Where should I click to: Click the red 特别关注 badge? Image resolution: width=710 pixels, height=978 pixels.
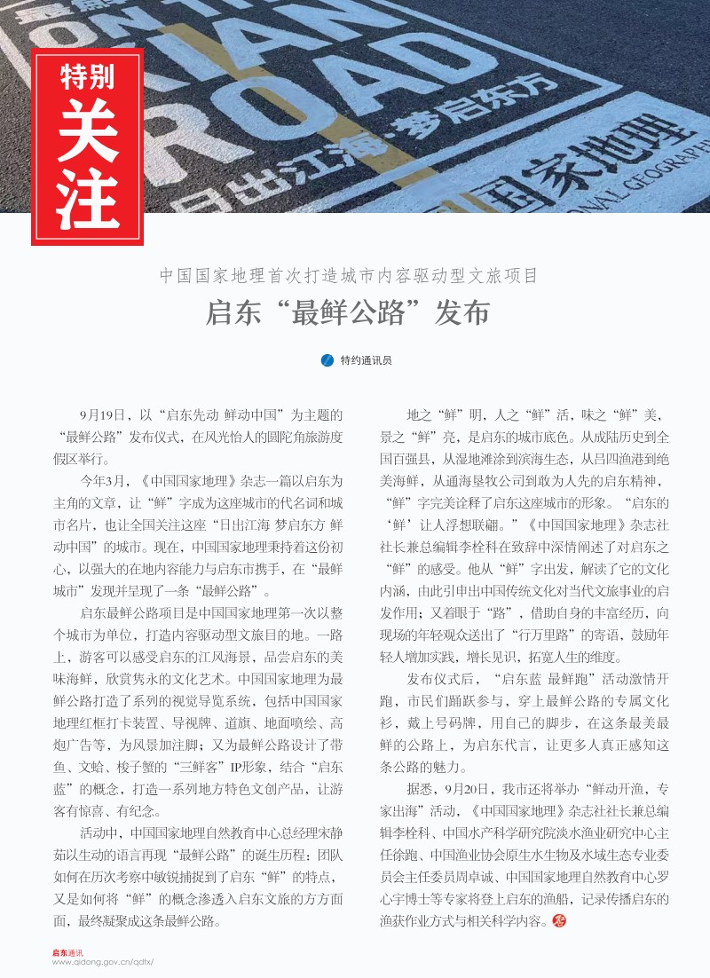87,146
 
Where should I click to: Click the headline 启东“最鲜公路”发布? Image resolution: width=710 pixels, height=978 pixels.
348,314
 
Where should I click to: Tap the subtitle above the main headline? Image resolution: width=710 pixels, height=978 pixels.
349,275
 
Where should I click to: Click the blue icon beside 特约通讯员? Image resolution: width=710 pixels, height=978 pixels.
326,360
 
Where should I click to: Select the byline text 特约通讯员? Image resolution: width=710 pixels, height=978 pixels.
366,361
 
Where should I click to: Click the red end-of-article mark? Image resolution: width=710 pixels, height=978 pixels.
558,920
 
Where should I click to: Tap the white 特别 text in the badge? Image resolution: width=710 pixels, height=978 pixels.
87,77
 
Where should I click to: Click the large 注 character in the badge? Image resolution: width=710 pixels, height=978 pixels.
87,197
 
